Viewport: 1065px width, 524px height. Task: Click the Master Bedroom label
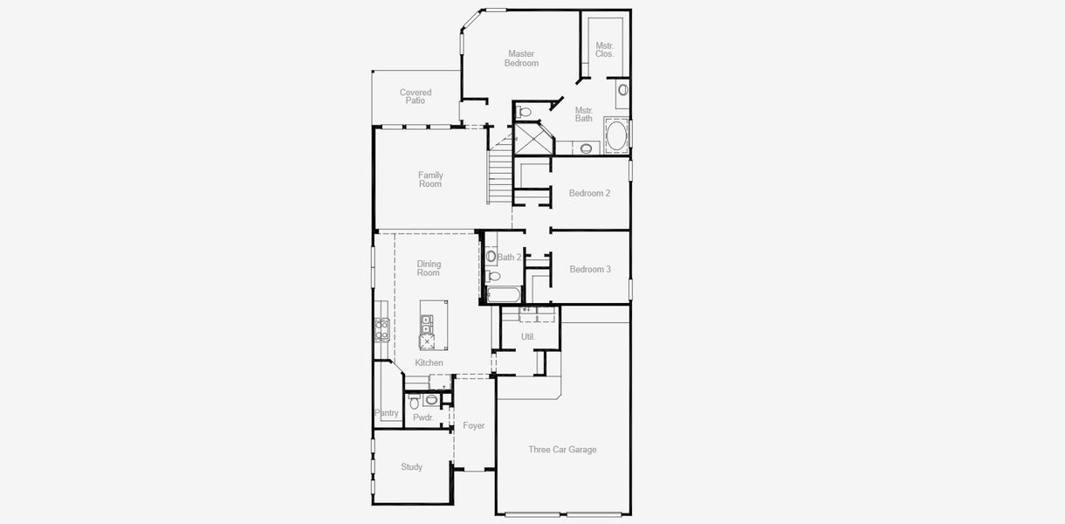point(521,59)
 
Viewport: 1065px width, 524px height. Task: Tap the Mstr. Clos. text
point(604,50)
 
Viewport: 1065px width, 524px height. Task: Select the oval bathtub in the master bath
point(616,136)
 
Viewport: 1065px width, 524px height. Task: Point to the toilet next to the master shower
point(525,112)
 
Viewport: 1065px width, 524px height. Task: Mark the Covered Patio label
point(416,96)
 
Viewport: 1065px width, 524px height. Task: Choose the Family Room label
point(429,180)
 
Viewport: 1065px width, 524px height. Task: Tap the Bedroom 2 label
point(589,193)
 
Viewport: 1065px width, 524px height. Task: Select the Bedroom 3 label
point(590,269)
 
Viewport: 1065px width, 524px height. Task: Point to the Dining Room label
point(429,268)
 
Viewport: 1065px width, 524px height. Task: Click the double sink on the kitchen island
point(427,324)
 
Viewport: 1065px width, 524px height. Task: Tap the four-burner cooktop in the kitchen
point(381,328)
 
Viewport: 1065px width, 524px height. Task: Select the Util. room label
point(528,336)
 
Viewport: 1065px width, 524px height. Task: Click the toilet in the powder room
point(415,402)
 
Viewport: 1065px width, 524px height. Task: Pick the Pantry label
point(387,413)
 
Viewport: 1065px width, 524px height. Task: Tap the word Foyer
point(474,426)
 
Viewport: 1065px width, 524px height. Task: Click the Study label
point(411,467)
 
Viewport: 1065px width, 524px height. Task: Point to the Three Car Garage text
point(562,450)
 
